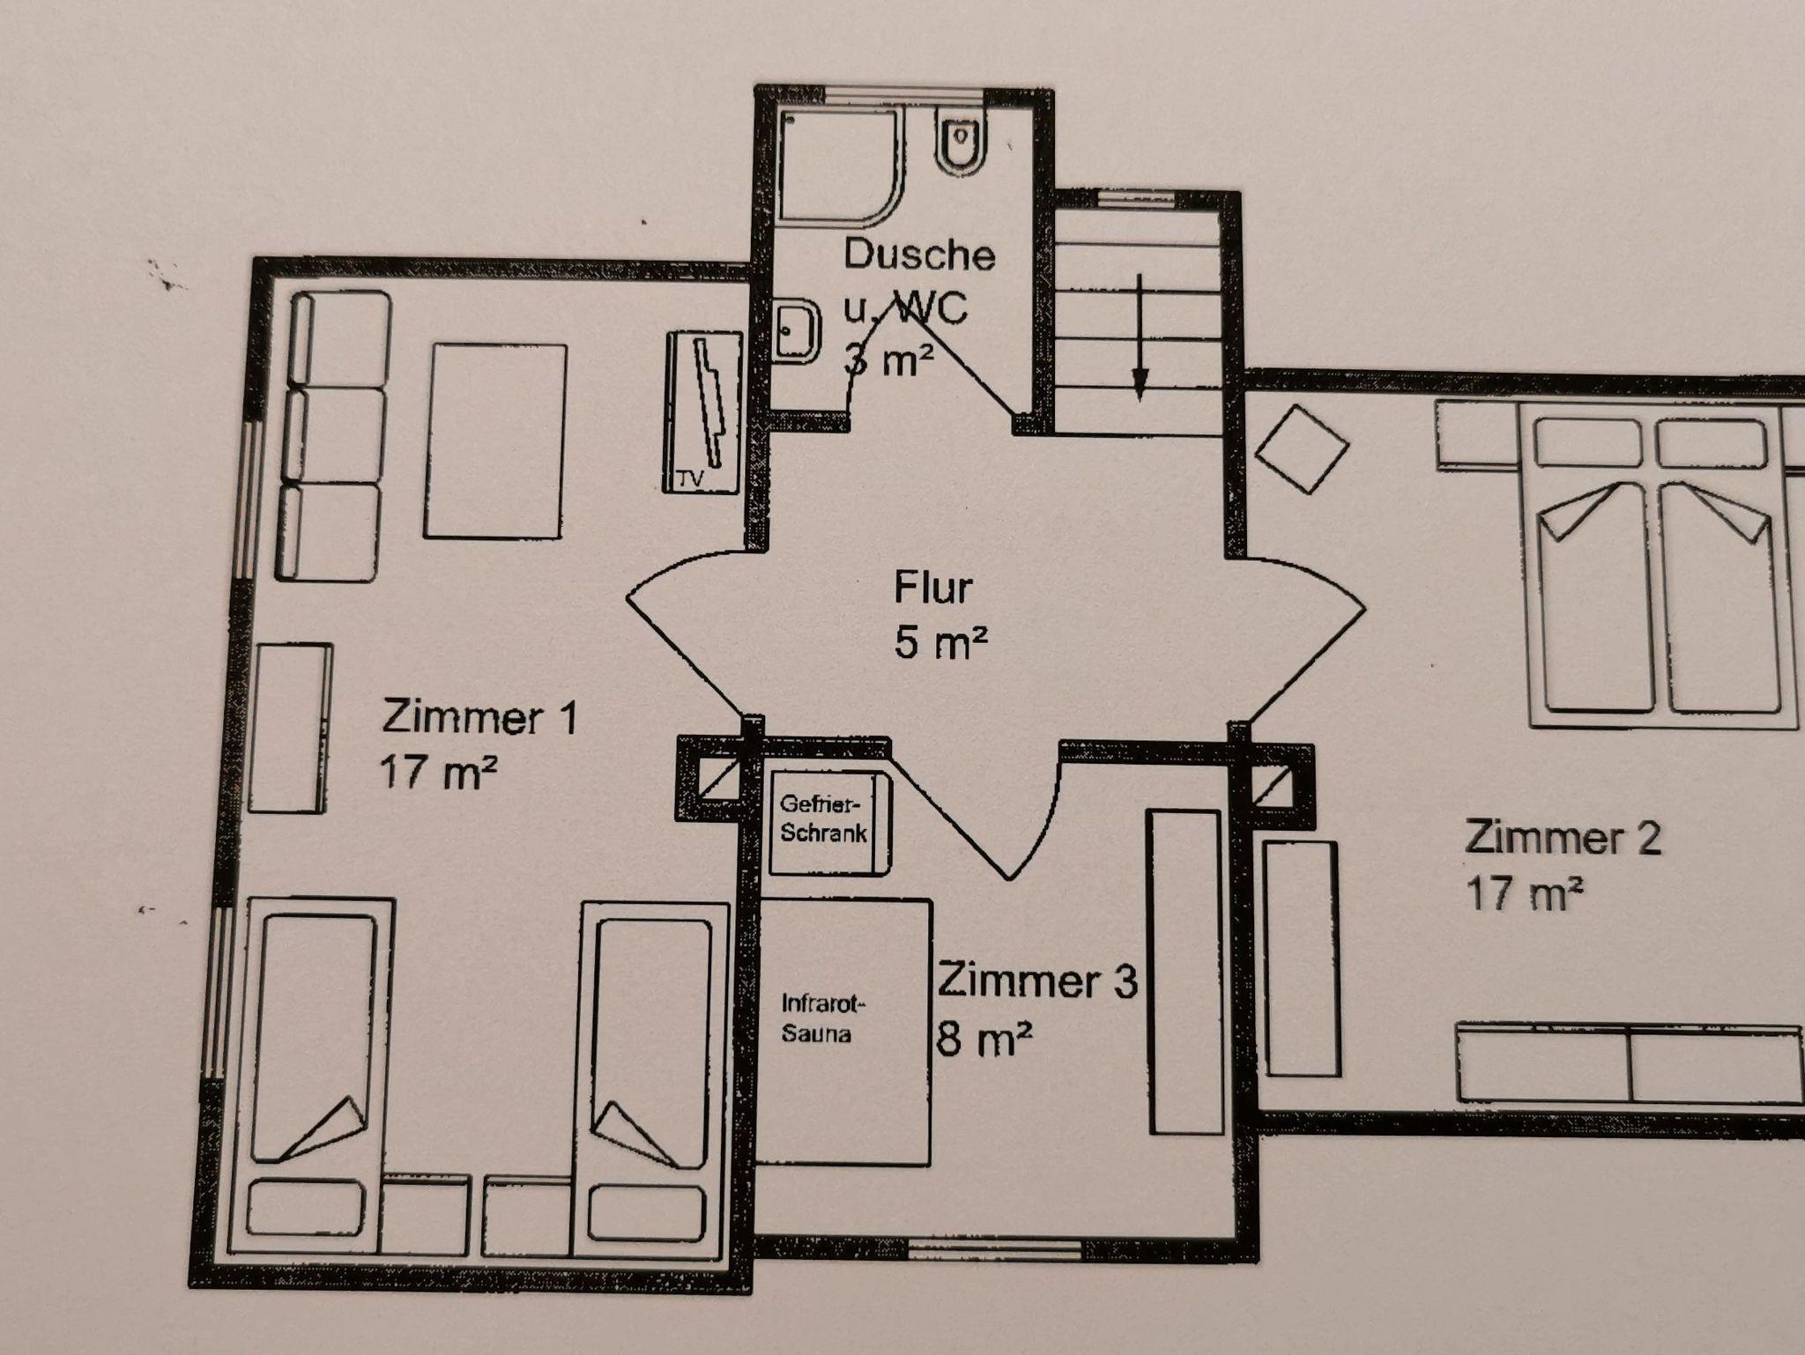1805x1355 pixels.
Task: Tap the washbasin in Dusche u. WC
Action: (797, 331)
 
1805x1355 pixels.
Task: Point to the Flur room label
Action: (932, 588)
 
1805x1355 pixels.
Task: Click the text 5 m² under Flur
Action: (940, 642)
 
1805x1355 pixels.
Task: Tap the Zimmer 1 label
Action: (479, 717)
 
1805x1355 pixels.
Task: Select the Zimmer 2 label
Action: (1562, 837)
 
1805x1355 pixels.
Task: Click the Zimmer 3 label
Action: (1036, 981)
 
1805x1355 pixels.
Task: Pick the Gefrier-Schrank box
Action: (828, 823)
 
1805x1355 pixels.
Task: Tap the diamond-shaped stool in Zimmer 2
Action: (1301, 448)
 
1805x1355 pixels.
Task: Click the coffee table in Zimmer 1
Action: (494, 441)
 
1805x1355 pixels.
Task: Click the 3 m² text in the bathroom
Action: (888, 359)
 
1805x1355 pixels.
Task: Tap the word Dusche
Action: (919, 255)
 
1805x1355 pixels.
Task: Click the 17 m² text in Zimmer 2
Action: (1524, 894)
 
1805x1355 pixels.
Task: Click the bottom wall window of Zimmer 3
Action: (995, 1248)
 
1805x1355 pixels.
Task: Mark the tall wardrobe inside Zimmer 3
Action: (1185, 972)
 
